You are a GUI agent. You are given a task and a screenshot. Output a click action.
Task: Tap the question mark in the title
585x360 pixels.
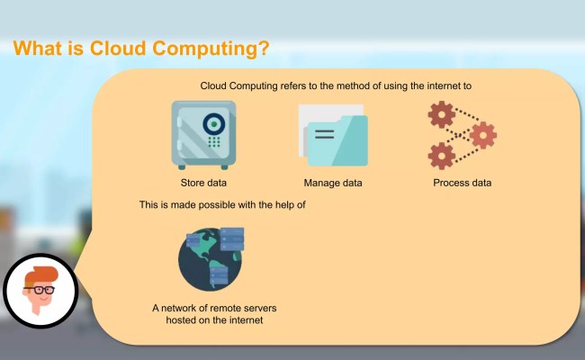[262, 48]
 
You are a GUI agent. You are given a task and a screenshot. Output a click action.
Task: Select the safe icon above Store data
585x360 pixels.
[203, 134]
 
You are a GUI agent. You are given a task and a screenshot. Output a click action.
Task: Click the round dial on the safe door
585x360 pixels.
[213, 123]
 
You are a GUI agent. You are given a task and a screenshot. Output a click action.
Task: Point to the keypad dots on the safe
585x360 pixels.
[214, 142]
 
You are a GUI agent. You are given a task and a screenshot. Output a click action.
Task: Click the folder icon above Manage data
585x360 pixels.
[332, 137]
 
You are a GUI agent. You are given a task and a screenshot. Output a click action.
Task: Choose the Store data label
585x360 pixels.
[203, 184]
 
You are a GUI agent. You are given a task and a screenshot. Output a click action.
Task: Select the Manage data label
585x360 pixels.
[332, 184]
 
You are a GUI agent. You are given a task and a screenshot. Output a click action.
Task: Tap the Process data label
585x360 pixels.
[462, 184]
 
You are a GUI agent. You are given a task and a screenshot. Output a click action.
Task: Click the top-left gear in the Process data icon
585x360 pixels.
[441, 115]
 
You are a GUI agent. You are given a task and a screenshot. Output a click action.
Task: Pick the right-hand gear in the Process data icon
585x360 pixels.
[483, 135]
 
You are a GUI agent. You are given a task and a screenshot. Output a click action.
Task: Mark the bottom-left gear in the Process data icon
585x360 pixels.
[441, 155]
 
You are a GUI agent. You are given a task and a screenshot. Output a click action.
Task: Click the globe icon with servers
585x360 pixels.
[213, 256]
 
